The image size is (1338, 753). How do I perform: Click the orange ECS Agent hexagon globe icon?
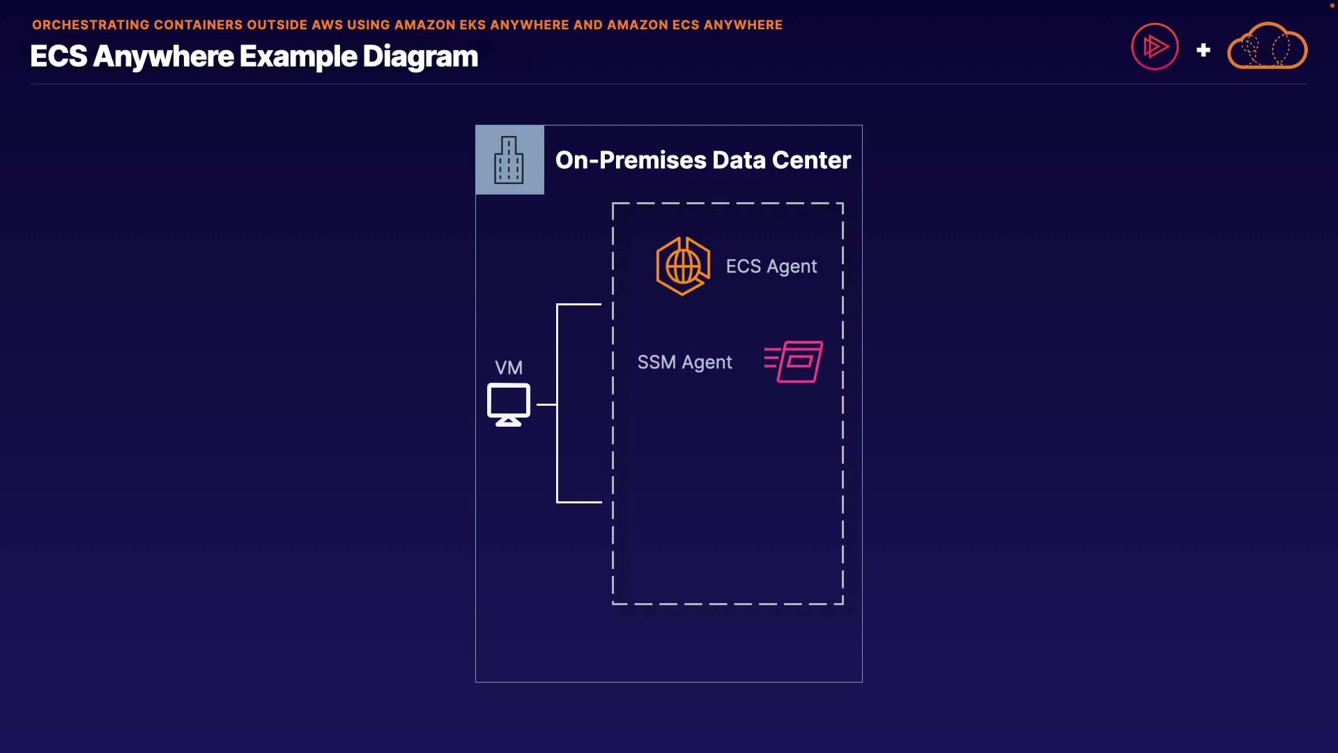tap(683, 266)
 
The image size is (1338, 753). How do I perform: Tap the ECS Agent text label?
tap(771, 266)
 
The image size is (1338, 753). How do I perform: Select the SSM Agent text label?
tap(684, 363)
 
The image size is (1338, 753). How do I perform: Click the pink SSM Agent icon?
tap(794, 361)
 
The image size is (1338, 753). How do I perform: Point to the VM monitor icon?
tap(509, 404)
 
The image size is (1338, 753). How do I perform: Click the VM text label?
tap(509, 367)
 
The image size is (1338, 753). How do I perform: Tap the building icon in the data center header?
tap(509, 160)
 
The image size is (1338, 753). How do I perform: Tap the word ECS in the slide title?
tap(59, 56)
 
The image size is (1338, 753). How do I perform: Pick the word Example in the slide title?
tap(298, 56)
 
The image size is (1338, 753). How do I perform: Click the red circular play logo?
tap(1155, 47)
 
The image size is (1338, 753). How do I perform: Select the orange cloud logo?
tap(1267, 46)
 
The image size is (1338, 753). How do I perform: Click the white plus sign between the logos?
tap(1204, 50)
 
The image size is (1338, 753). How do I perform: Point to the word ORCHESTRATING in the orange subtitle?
tap(91, 25)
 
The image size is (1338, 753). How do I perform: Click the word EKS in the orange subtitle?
tap(472, 25)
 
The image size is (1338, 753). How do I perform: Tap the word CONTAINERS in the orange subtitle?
tap(198, 25)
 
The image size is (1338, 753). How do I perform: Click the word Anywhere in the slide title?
tap(163, 56)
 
